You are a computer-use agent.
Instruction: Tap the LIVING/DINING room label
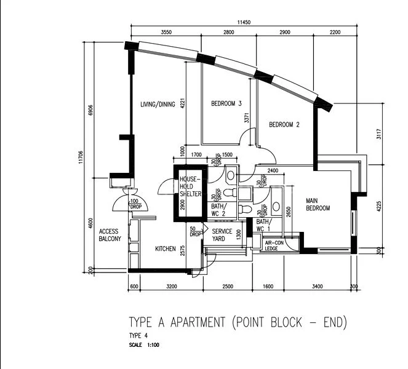pyautogui.click(x=158, y=104)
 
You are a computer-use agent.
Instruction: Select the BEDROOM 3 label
pyautogui.click(x=226, y=104)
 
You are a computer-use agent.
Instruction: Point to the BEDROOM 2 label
pyautogui.click(x=284, y=125)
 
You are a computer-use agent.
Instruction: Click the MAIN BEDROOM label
pyautogui.click(x=318, y=204)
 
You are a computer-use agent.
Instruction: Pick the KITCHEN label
pyautogui.click(x=166, y=248)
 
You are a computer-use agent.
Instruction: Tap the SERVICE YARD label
pyautogui.click(x=222, y=235)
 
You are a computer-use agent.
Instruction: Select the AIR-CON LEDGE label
pyautogui.click(x=274, y=245)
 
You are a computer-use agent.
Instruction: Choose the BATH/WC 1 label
pyautogui.click(x=263, y=225)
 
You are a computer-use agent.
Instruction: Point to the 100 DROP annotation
pyautogui.click(x=134, y=204)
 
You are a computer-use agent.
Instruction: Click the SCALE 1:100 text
pyautogui.click(x=144, y=345)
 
